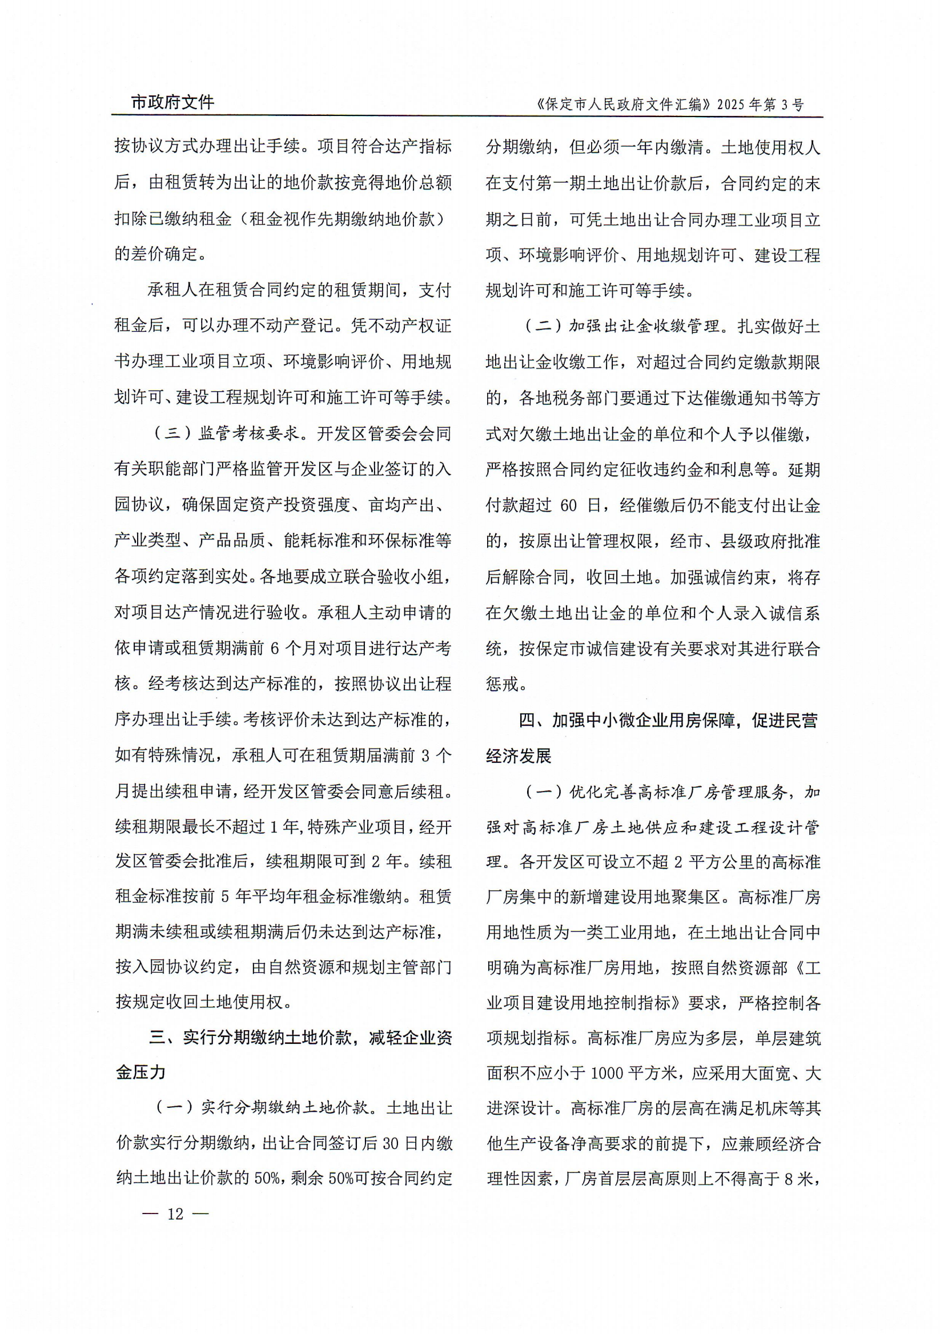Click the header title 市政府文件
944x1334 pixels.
172,102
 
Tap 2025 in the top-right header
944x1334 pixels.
730,105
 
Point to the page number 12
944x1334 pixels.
175,1214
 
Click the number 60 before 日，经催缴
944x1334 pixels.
568,506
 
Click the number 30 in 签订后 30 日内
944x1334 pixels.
390,1143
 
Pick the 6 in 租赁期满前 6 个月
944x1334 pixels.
275,648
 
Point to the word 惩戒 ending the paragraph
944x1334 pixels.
501,684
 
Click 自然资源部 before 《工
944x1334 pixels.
754,968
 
